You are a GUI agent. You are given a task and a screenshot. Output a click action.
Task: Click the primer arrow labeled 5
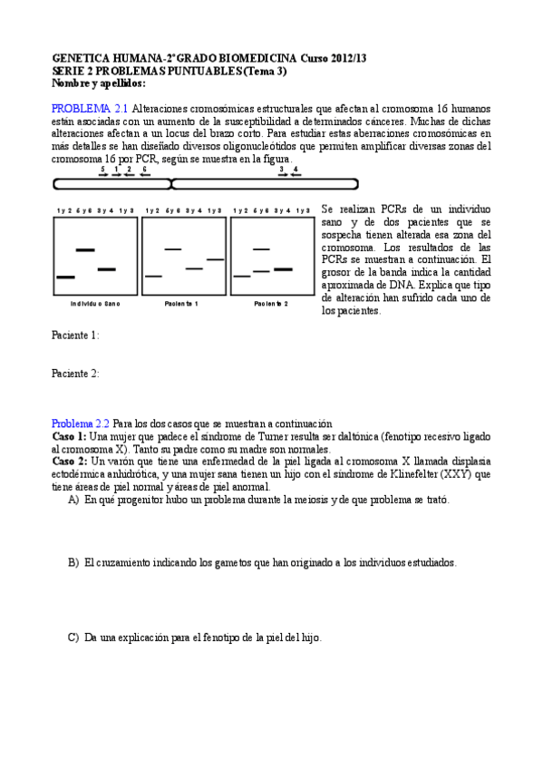(x=103, y=174)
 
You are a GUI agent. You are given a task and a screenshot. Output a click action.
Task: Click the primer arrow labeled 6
(x=144, y=174)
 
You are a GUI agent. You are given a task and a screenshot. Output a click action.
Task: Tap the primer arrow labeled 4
(x=296, y=174)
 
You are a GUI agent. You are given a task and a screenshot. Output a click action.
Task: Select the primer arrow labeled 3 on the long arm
(x=282, y=174)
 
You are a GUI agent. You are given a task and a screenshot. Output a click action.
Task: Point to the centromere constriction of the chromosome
(x=171, y=184)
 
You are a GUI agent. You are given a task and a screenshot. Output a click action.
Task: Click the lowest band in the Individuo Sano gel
(x=65, y=276)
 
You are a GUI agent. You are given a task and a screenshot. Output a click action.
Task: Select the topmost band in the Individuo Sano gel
(x=84, y=248)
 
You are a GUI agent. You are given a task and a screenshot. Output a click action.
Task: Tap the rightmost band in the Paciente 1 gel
(x=216, y=260)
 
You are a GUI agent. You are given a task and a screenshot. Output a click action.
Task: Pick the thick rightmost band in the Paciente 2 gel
(x=283, y=268)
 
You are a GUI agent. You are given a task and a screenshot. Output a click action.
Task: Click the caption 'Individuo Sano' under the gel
(x=94, y=303)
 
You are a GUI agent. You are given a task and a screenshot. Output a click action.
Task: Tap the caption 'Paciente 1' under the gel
(x=181, y=303)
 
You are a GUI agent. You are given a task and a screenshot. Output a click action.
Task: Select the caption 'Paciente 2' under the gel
(x=271, y=303)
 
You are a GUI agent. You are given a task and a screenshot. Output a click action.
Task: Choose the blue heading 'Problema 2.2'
(x=80, y=423)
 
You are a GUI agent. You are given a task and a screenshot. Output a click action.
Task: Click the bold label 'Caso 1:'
(x=69, y=436)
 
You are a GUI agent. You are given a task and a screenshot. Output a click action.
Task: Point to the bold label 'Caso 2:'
(x=69, y=461)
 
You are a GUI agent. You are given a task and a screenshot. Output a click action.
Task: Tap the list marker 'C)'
(x=73, y=638)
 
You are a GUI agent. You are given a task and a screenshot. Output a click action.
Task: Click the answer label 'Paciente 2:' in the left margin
(x=75, y=373)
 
